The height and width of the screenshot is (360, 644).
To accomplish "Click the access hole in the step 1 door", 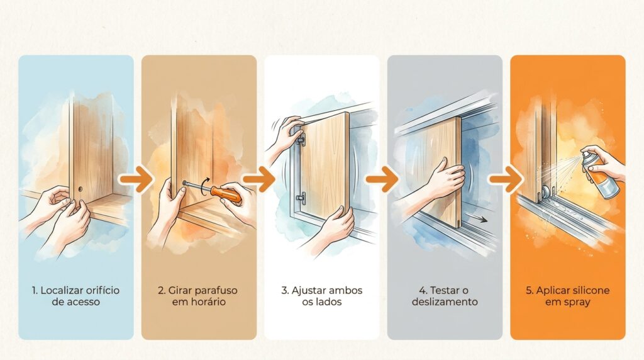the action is pyautogui.click(x=80, y=189).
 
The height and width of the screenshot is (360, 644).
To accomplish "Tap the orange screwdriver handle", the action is pyautogui.click(x=226, y=194).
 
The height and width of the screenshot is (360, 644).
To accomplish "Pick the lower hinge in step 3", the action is pyautogui.click(x=301, y=198).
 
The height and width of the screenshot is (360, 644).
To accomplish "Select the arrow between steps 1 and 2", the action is pyautogui.click(x=136, y=179).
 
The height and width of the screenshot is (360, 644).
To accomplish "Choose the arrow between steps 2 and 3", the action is pyautogui.click(x=259, y=179).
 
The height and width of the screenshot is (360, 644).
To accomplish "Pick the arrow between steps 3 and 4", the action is pyautogui.click(x=382, y=179).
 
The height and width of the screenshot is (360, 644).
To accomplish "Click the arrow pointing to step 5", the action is pyautogui.click(x=506, y=179).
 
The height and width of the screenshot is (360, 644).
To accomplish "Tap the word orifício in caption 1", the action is pyautogui.click(x=103, y=290).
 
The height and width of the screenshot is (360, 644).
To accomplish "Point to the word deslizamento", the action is pyautogui.click(x=445, y=302).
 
